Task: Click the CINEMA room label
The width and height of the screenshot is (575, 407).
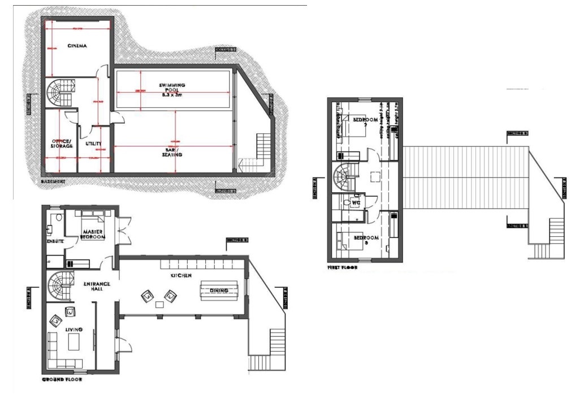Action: [x=77, y=46]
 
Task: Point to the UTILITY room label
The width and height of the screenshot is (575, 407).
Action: [x=93, y=144]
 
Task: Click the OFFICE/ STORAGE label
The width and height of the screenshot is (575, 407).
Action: [x=62, y=143]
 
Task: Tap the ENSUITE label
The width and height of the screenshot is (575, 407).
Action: [x=55, y=241]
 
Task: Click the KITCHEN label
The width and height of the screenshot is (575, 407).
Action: [x=182, y=275]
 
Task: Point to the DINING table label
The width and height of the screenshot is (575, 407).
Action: [x=219, y=291]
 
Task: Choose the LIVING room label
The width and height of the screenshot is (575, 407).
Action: [x=74, y=329]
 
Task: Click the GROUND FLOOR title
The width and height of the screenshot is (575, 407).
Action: [x=62, y=380]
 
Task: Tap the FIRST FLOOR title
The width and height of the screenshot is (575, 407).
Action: [x=342, y=267]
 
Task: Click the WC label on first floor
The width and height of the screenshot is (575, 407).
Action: [x=356, y=202]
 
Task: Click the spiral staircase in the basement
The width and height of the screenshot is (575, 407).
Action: [x=58, y=93]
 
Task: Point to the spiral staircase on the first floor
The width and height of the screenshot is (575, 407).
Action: [x=344, y=177]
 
